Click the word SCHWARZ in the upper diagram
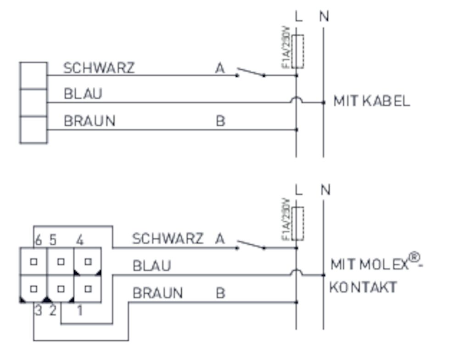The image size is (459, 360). click(99, 68)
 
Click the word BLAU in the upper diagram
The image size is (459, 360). click(83, 94)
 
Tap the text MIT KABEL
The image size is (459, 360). click(371, 101)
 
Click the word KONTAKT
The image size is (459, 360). click(363, 288)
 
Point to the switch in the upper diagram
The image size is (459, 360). click(251, 73)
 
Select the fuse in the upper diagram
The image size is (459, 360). click(297, 51)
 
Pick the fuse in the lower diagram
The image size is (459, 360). click(297, 224)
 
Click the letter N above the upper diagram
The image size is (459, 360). click(324, 17)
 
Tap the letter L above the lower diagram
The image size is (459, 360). click(299, 190)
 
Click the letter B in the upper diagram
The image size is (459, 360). click(220, 121)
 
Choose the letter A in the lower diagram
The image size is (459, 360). click(220, 239)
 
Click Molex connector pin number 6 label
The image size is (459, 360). click(38, 240)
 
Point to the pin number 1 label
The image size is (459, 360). click(80, 311)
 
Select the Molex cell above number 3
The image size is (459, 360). click(34, 289)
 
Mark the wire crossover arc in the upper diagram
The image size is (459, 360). click(297, 99)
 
